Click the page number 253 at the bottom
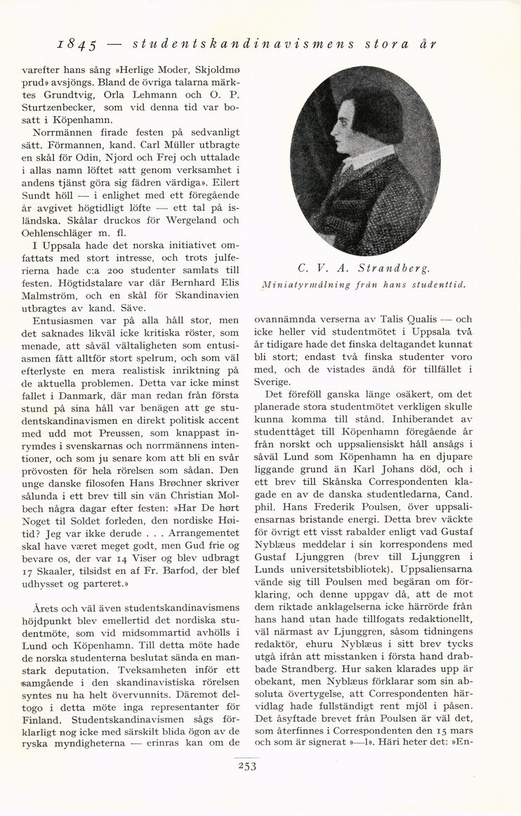(246, 766)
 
